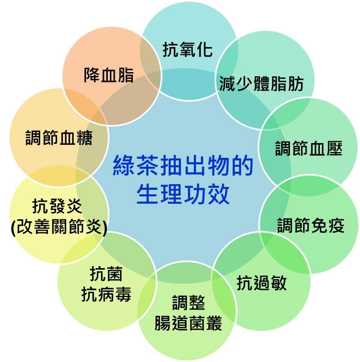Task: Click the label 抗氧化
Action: pos(187,50)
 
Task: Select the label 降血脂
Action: pos(109,75)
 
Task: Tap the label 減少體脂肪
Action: pos(261,84)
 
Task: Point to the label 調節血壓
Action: pos(309,148)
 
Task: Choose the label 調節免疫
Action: pos(311,225)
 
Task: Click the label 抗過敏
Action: pos(262,282)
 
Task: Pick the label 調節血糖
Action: pos(59,138)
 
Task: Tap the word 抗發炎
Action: pos(57,206)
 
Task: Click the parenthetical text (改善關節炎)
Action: pos(59,227)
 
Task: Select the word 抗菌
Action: pos(106,273)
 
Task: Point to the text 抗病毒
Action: pos(106,294)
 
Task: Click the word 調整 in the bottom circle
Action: pos(189,303)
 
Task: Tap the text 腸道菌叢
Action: pos(188,323)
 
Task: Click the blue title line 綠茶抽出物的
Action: pos(183,165)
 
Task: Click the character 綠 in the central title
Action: pos(124,165)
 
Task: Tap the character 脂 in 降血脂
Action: pos(126,75)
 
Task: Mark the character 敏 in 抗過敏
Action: pos(279,282)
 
